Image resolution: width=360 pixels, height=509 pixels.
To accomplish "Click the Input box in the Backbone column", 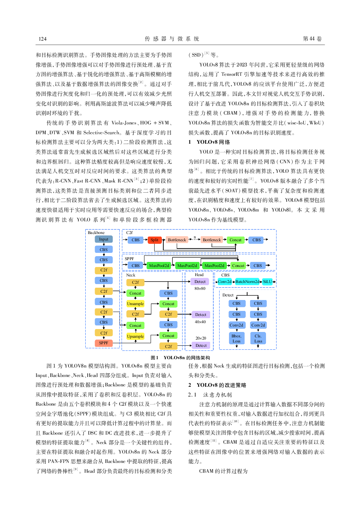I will coord(103,239).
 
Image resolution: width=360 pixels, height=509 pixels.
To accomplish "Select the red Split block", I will coord(154,240).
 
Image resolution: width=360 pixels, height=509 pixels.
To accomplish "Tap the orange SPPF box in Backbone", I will coord(103,343).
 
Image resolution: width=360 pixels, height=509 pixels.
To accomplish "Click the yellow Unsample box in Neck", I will coord(135,304).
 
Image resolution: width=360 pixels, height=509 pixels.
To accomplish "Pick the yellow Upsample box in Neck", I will coord(135,336).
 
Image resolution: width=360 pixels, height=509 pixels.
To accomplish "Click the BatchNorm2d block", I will coord(247,282).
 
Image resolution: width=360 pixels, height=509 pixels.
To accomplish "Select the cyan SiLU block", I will coord(267,282).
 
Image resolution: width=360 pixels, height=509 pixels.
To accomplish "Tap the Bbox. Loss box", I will coord(236,338).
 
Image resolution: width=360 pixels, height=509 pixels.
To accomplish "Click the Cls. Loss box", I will coord(258,338).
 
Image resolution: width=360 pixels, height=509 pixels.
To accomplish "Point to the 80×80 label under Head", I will coord(200,289).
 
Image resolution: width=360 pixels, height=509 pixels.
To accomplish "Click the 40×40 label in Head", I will coord(200,322).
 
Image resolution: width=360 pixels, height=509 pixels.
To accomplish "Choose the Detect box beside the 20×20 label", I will coord(201,345).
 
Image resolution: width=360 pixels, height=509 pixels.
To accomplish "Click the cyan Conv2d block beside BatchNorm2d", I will coord(225,282).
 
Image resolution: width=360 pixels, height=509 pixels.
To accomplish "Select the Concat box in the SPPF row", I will coord(238,266).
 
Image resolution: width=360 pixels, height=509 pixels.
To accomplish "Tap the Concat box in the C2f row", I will coord(235,240).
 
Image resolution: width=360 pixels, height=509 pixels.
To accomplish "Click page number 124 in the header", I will coord(42,39).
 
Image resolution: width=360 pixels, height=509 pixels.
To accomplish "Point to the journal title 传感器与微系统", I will coord(172,39).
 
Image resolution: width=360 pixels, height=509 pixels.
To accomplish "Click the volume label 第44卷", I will coord(312,39).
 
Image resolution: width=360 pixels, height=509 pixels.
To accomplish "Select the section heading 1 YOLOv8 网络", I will coord(209,142).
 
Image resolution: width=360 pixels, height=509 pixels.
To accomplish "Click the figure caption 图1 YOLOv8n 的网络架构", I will coord(180,357).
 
